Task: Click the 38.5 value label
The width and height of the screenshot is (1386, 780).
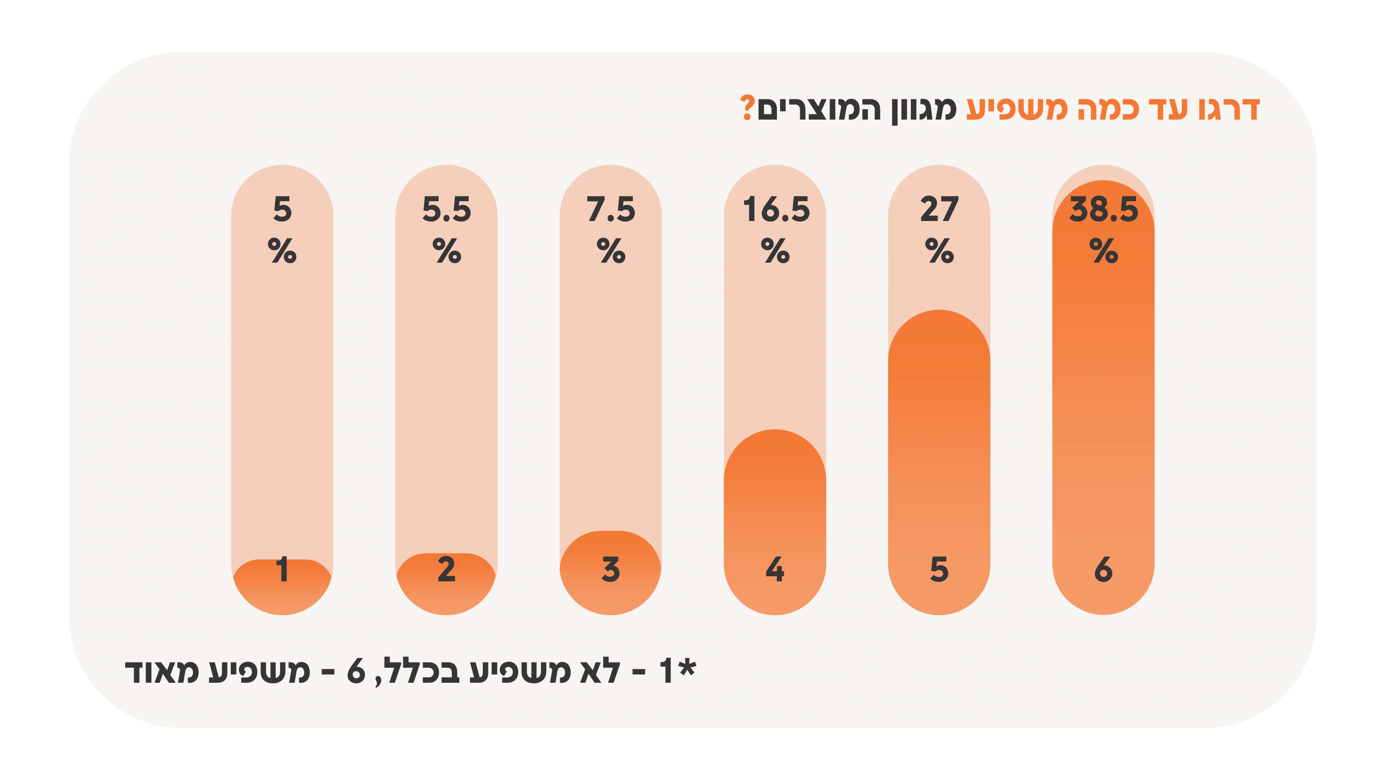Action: [x=1103, y=210]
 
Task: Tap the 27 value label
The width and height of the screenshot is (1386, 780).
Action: [x=939, y=210]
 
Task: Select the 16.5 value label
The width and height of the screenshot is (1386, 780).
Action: [x=775, y=210]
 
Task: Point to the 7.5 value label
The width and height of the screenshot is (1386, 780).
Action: [x=611, y=210]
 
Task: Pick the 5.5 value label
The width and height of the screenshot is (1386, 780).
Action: [x=446, y=210]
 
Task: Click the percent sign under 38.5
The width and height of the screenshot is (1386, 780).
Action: [x=1103, y=251]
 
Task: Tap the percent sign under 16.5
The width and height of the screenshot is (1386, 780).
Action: [x=775, y=251]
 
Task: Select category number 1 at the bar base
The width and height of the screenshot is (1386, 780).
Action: [x=282, y=569]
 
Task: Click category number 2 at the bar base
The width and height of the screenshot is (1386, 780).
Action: [x=446, y=569]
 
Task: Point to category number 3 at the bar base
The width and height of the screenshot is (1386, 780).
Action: [x=611, y=569]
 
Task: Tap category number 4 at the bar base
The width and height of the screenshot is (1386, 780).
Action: [x=775, y=569]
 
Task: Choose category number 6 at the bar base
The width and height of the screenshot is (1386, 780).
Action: [x=1103, y=569]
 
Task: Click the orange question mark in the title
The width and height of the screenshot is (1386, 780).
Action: [x=747, y=108]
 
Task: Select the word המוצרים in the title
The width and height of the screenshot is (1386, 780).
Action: [x=819, y=109]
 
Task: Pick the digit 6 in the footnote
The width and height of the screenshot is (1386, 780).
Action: [x=355, y=672]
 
